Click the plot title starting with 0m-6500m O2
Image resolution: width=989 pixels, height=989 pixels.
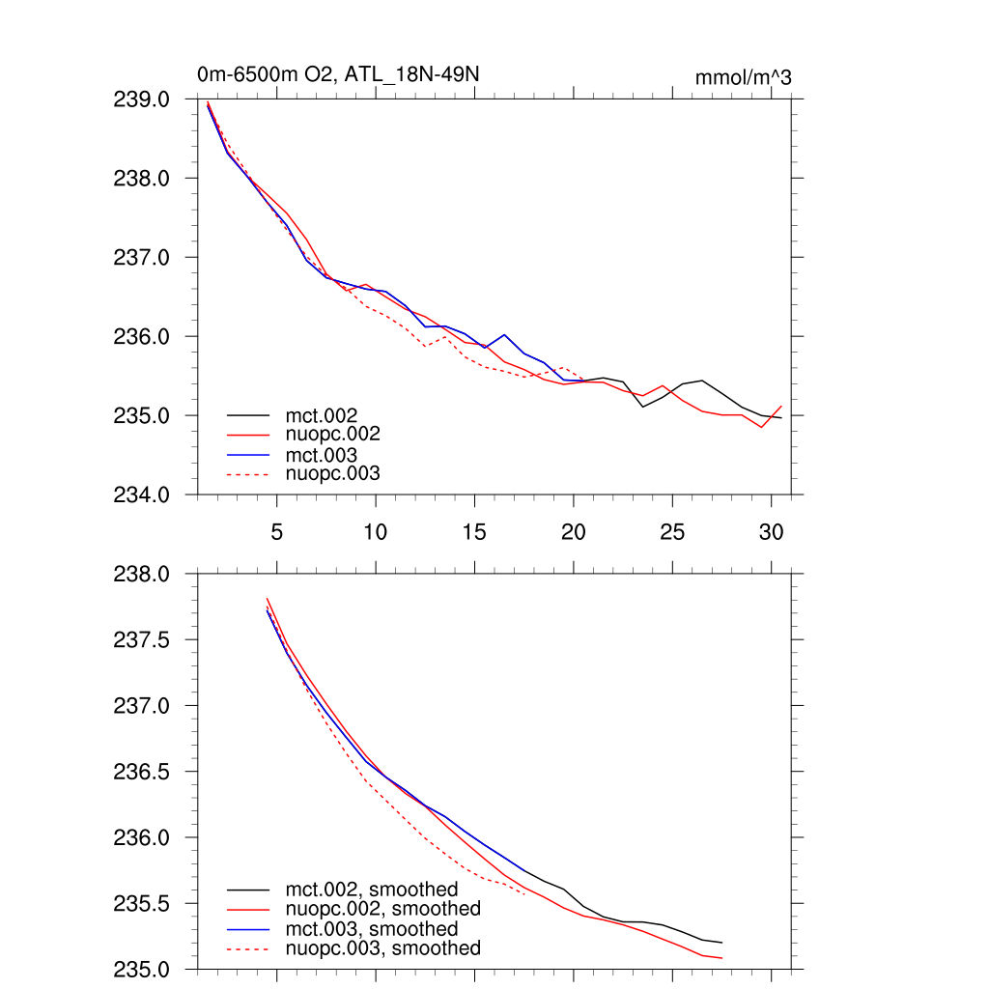pos(337,74)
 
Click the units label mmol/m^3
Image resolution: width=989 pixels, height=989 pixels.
pos(743,77)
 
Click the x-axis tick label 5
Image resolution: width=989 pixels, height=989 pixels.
pos(277,532)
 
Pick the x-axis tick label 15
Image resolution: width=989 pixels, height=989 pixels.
pos(474,532)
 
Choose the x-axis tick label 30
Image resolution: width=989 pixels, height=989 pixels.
pos(770,532)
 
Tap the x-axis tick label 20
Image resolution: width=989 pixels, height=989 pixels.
pos(573,532)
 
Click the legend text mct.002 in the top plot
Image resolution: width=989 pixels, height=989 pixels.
pos(323,415)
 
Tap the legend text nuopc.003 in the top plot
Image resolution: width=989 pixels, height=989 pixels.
pos(333,473)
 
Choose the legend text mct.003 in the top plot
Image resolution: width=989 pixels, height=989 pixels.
pos(323,454)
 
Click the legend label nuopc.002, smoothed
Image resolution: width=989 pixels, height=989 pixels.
pos(382,909)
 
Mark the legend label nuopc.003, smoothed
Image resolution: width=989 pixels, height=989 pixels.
pos(382,948)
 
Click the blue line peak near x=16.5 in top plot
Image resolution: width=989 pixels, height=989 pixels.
pos(504,335)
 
